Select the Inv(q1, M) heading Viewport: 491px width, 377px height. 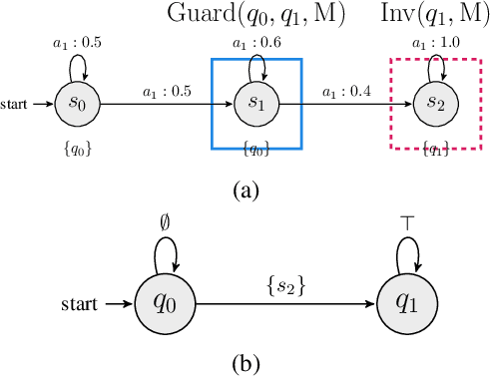pos(430,14)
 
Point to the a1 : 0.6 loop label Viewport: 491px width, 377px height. pos(255,43)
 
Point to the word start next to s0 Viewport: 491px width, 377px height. pos(15,103)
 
